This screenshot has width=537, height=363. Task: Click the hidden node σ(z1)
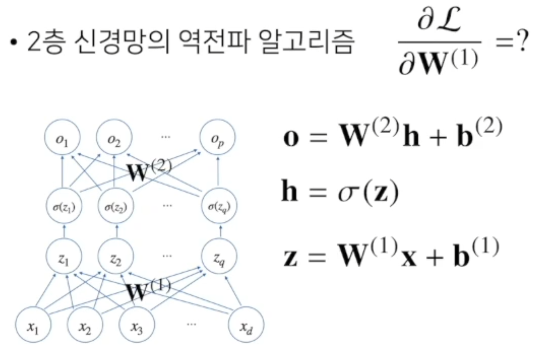(63, 207)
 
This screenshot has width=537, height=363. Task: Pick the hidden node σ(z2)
(116, 207)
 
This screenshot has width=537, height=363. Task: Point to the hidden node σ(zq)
(219, 207)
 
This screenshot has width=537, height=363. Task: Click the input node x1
(34, 327)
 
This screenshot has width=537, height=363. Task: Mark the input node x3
(137, 327)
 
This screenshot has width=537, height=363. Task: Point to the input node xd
(246, 327)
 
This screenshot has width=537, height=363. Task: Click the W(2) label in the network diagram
(149, 170)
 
